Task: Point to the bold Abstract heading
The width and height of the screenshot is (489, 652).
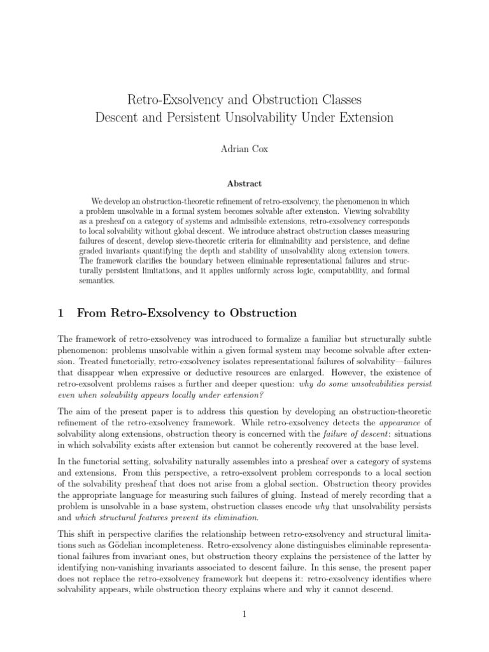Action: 244,183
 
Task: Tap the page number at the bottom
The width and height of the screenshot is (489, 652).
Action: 244,614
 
